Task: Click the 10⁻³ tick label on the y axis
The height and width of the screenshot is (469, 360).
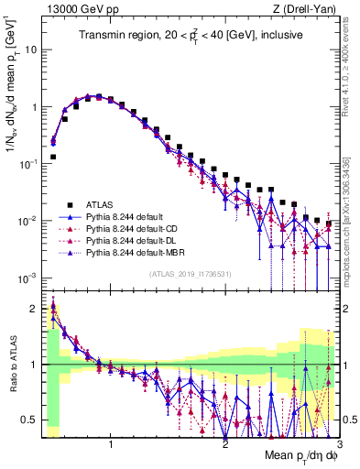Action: (x=27, y=278)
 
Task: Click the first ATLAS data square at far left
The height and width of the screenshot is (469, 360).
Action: (x=53, y=157)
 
